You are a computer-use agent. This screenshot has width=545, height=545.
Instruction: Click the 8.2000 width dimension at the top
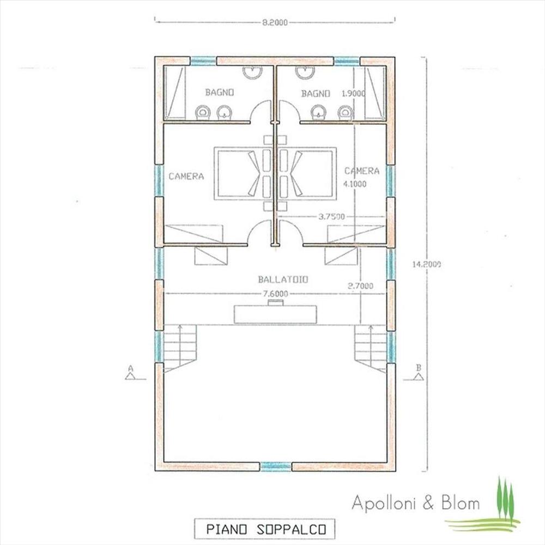point(275,22)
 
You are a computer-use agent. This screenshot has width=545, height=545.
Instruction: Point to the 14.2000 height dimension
point(427,264)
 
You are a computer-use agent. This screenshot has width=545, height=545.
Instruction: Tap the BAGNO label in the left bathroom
point(219,93)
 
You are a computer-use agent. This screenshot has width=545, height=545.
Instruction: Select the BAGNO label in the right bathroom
point(315,94)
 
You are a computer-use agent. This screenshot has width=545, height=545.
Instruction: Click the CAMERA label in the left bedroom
point(186,176)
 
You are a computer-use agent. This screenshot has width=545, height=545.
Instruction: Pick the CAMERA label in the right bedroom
point(362,171)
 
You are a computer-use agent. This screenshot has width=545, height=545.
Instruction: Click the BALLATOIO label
point(283,280)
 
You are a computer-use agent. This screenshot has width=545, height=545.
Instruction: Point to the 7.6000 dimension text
point(276,294)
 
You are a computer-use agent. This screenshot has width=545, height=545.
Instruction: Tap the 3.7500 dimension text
point(332,217)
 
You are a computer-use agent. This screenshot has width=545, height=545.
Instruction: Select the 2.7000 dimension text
point(360,286)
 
